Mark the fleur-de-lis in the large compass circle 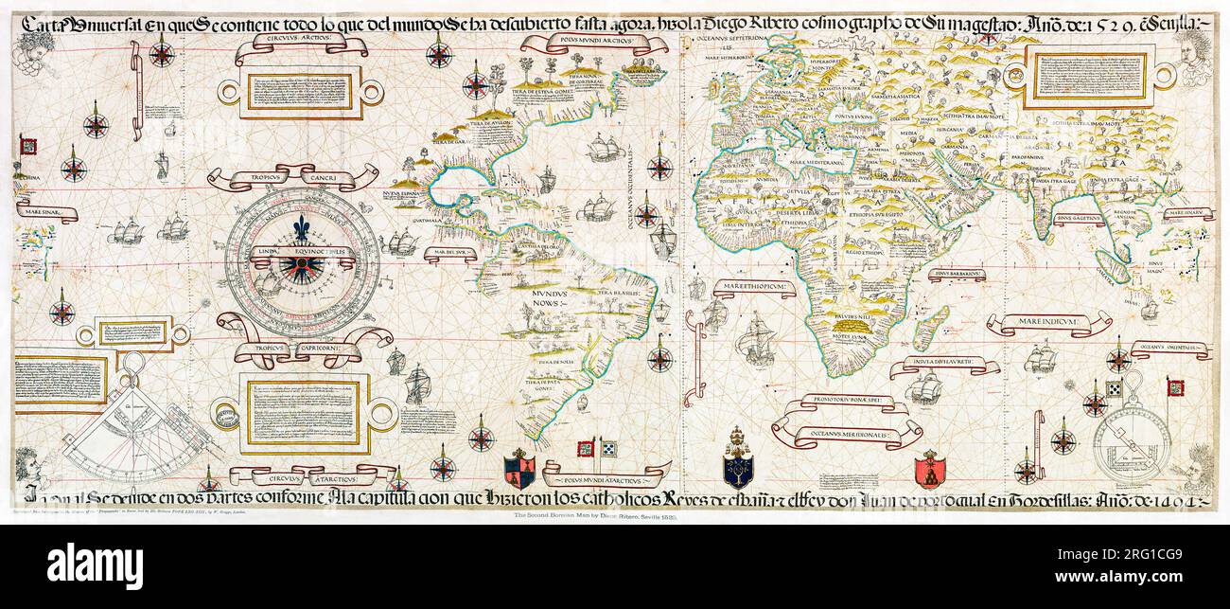coord(302,231)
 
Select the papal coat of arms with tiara coord(738,461)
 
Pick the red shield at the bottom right coord(930,469)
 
